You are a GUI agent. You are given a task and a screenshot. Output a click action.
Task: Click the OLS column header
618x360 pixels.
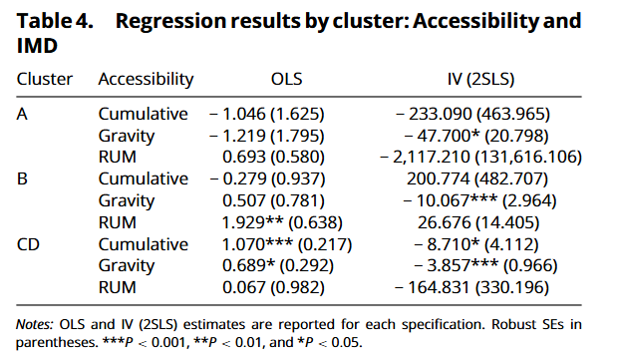(x=286, y=79)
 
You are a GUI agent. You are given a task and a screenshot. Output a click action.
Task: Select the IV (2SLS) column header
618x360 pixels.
(x=480, y=79)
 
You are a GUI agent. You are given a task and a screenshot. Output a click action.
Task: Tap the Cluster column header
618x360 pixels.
(x=45, y=79)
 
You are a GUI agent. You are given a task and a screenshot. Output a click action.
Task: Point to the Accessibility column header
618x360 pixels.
(x=146, y=79)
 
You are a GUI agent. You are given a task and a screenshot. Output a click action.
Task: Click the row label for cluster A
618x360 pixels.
(x=22, y=114)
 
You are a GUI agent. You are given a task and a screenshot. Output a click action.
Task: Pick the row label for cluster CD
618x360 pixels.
(x=28, y=244)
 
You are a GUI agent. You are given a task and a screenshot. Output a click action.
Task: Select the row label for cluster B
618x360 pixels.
(x=22, y=180)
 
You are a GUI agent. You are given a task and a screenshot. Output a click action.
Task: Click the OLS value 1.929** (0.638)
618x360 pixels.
(x=282, y=222)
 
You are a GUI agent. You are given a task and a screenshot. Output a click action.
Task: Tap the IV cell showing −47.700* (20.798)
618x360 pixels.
(x=476, y=136)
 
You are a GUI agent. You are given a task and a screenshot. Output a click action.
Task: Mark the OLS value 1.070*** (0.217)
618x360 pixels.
(x=287, y=244)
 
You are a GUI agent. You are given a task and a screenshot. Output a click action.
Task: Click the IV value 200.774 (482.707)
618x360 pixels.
(x=477, y=180)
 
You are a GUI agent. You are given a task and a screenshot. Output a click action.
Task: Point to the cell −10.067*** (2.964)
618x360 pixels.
(x=479, y=200)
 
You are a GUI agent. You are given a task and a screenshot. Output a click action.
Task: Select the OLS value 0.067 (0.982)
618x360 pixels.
(x=273, y=287)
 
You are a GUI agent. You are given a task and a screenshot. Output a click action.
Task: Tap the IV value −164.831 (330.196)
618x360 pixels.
(x=471, y=287)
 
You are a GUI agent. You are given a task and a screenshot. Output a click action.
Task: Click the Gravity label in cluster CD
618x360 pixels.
(x=127, y=266)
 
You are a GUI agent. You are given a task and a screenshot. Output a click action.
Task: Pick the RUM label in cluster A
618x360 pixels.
(x=117, y=157)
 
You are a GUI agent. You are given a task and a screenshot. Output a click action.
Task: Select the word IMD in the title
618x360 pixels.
(x=37, y=46)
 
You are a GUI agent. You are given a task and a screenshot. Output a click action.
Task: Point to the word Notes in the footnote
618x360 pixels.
(x=34, y=324)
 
